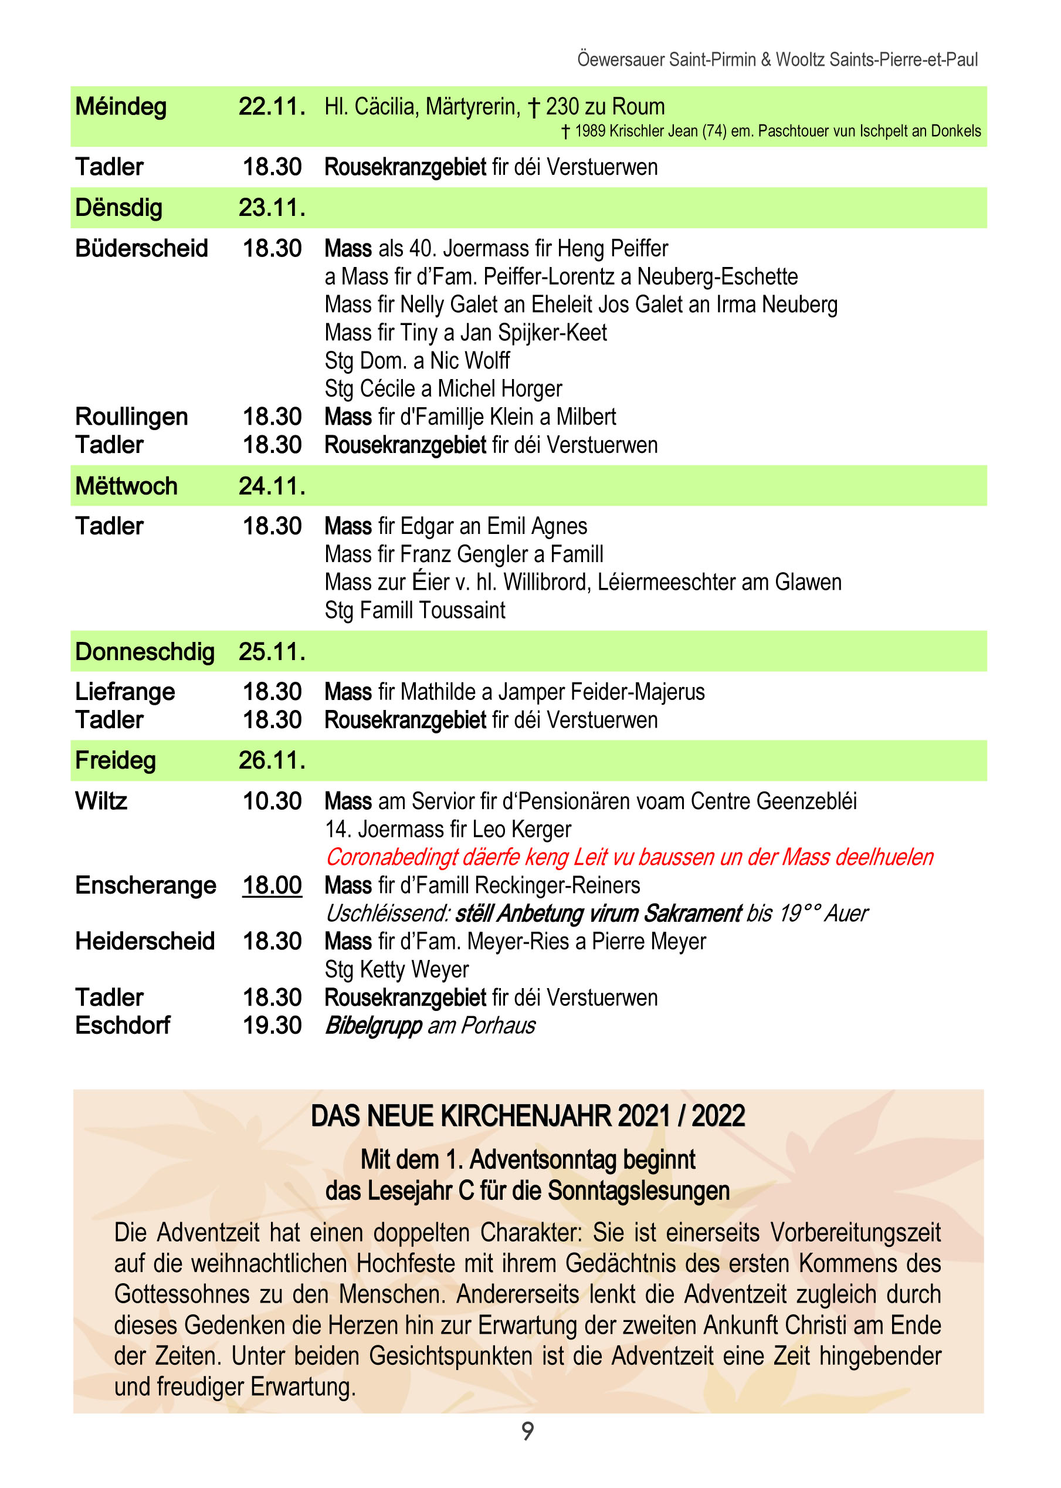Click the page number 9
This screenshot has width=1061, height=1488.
click(527, 1431)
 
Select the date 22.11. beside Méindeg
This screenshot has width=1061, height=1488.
click(272, 107)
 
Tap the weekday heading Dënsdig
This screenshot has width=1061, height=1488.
click(119, 208)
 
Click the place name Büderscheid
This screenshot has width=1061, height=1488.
click(141, 248)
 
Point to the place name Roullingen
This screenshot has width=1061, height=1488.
click(131, 416)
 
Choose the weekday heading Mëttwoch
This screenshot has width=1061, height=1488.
click(126, 486)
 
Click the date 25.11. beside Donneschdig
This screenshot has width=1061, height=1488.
click(272, 651)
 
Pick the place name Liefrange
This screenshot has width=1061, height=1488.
click(125, 691)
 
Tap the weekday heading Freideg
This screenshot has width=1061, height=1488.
click(116, 760)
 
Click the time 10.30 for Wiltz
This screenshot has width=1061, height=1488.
click(272, 801)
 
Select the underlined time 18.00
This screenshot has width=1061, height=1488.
click(272, 885)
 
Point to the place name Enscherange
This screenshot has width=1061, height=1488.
click(145, 885)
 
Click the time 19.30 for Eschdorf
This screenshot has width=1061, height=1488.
click(272, 1025)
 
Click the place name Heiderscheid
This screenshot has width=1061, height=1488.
click(144, 942)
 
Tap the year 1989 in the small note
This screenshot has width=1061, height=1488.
click(589, 131)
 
